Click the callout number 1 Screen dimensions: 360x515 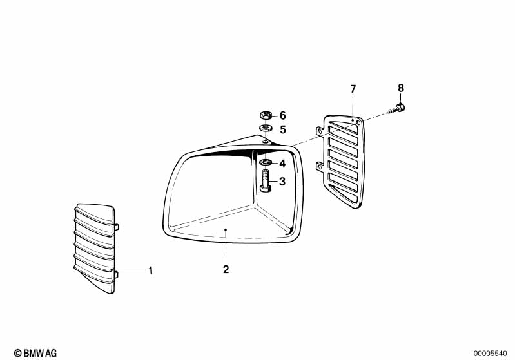(x=151, y=271)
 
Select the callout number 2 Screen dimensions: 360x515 (x=226, y=269)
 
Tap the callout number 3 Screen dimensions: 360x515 (x=282, y=182)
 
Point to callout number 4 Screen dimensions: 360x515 (x=282, y=164)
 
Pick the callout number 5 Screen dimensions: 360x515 (x=282, y=129)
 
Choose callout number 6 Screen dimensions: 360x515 (x=282, y=115)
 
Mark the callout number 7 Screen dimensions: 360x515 (x=353, y=88)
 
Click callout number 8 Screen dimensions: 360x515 (x=400, y=88)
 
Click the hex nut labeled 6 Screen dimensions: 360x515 (x=264, y=115)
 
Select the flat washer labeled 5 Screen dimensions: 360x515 (x=264, y=129)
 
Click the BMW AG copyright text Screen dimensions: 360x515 (x=35, y=352)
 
